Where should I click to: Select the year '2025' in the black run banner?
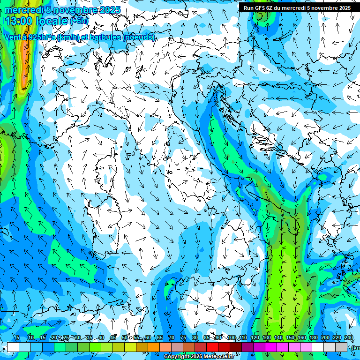[343, 8]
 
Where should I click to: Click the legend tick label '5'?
[18, 337]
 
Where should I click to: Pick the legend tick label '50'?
[125, 337]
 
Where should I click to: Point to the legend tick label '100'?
[232, 337]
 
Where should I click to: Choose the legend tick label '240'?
[349, 337]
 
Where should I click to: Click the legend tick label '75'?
[183, 337]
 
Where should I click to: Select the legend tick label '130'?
[267, 337]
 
